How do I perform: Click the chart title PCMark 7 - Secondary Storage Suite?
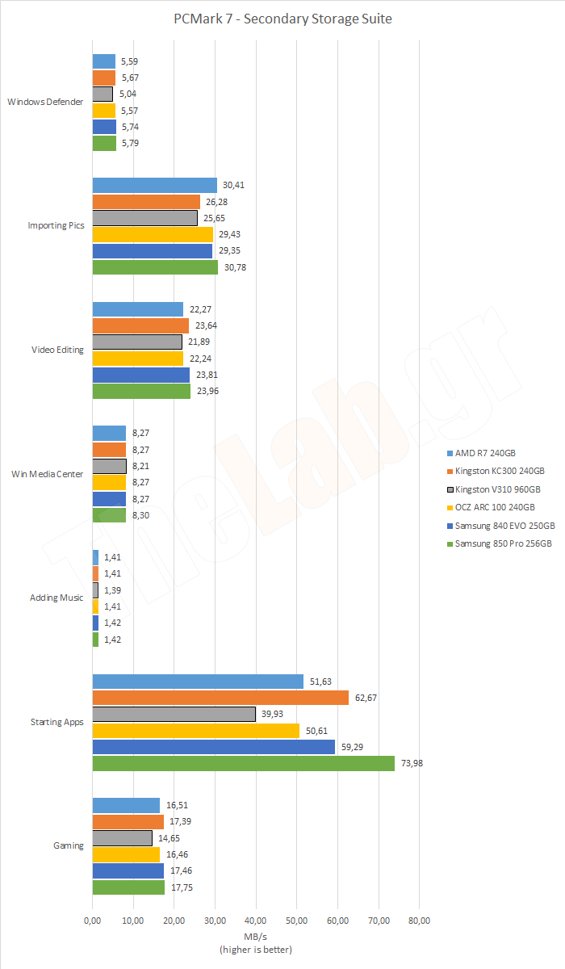282,19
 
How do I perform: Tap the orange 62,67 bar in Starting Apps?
220,698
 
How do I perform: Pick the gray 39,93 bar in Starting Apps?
174,714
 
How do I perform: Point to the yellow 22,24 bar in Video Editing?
138,359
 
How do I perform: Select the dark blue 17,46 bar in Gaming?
128,870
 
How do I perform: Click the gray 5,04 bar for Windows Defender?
103,94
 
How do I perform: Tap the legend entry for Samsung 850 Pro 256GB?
503,543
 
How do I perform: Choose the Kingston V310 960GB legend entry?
497,489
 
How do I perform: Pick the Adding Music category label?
56,598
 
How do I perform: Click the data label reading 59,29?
354,747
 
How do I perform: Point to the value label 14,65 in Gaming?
169,838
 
